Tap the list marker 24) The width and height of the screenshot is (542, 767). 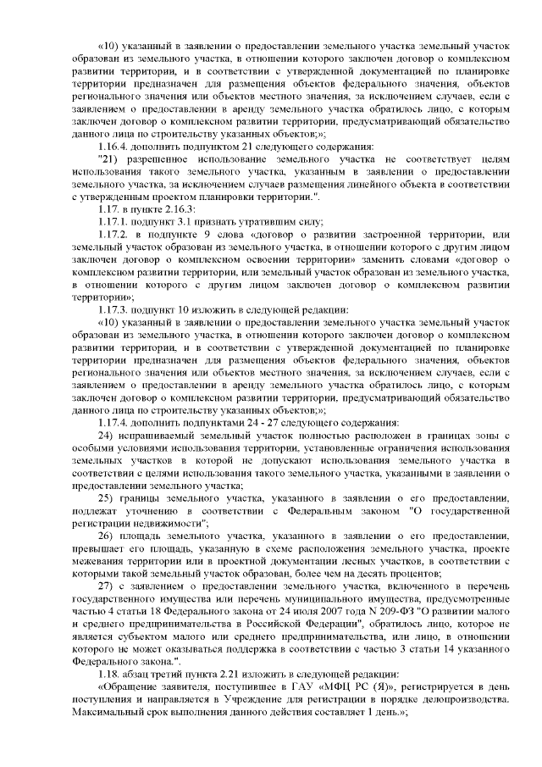tap(106, 436)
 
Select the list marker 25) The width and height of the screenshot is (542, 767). tap(106, 498)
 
